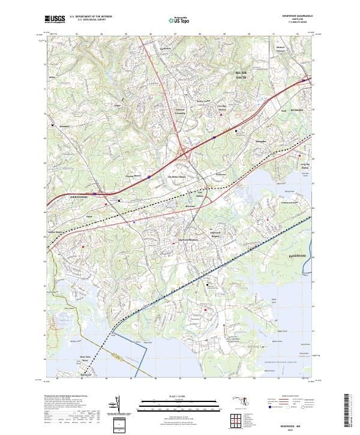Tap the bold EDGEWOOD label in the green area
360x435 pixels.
click(x=297, y=256)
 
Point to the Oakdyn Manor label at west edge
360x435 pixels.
click(x=55, y=232)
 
